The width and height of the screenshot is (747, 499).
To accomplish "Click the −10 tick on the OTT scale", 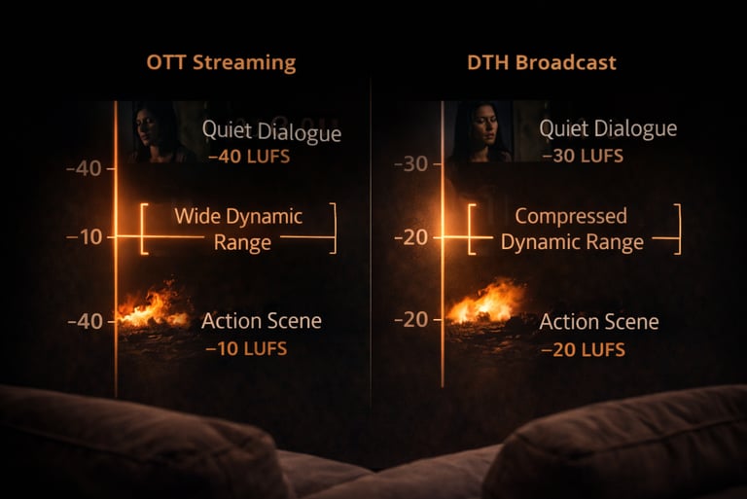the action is click(x=85, y=237).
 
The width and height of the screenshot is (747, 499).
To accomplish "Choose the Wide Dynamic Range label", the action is click(x=238, y=229).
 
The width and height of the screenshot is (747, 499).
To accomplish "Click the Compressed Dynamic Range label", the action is click(x=571, y=229).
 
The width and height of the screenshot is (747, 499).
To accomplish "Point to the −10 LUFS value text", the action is click(x=247, y=347).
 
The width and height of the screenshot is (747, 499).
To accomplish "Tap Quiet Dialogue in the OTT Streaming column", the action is click(x=271, y=130).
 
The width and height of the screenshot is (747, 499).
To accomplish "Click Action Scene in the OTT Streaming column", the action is click(x=261, y=321).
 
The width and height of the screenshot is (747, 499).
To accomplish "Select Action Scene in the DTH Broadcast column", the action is click(x=599, y=321).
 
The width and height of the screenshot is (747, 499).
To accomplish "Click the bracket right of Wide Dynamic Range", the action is click(x=333, y=229).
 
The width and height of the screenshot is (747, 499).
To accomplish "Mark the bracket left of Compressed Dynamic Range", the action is click(x=472, y=229).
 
